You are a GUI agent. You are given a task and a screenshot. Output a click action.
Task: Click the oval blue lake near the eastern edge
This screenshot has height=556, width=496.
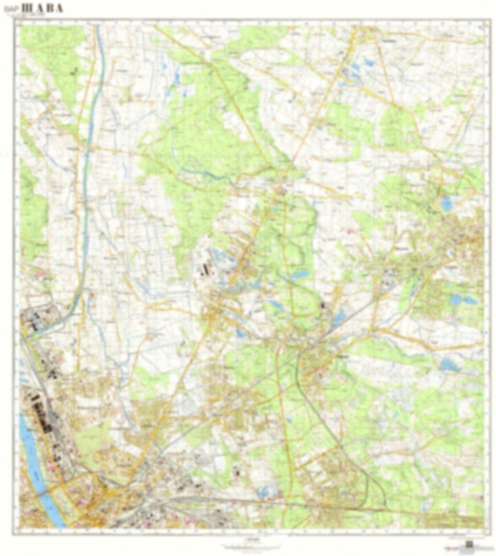tap(447, 204)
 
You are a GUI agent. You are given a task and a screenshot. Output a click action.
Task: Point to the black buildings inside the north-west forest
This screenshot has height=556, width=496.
tap(74, 71)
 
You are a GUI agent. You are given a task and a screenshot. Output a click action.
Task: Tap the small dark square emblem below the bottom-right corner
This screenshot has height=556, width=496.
tap(468, 544)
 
